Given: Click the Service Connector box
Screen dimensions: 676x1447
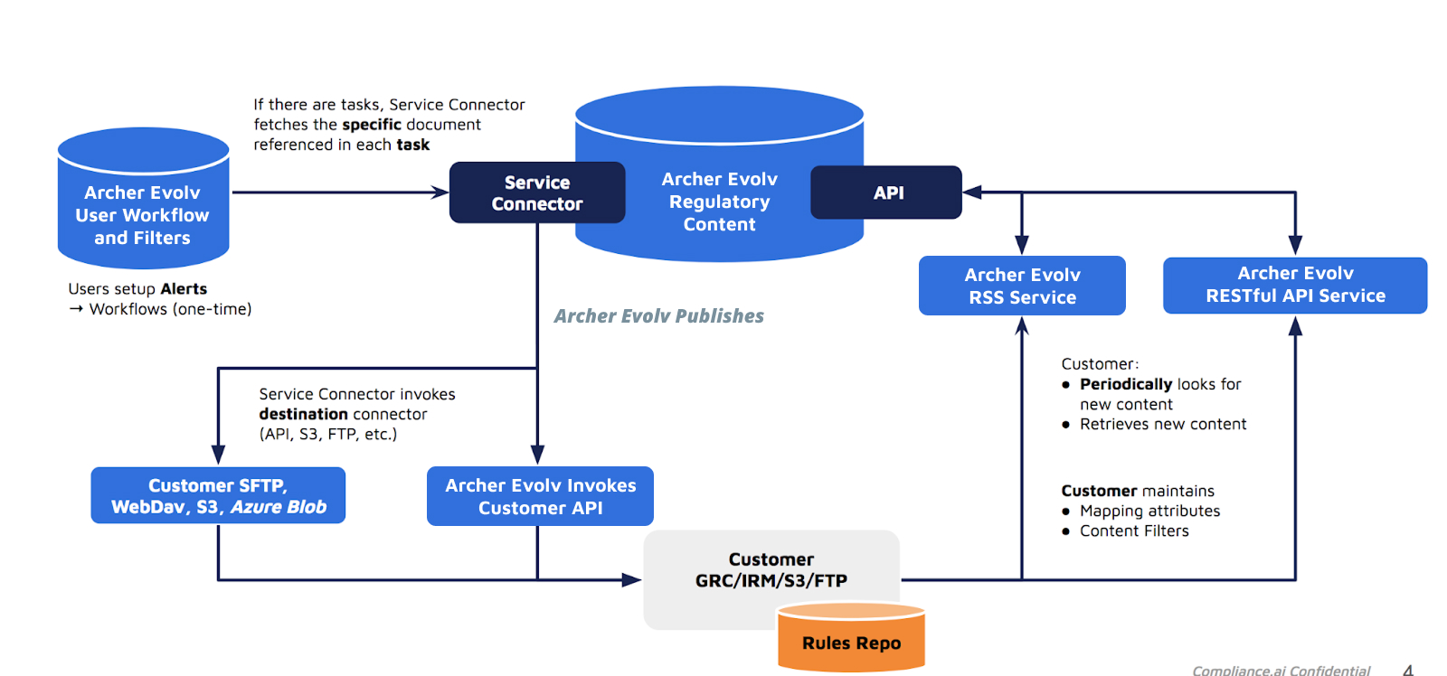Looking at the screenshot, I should [537, 192].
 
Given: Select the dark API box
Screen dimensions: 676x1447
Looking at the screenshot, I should [886, 192].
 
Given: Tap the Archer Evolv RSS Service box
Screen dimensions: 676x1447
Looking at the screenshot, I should [1022, 286].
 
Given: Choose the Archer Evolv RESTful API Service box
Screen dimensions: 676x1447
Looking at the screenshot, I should [1295, 285].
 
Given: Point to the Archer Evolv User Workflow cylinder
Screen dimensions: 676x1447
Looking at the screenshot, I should [143, 214].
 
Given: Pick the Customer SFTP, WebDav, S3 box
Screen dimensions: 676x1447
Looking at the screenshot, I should [218, 495].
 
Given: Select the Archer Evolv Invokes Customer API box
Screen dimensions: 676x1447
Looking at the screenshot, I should [540, 496].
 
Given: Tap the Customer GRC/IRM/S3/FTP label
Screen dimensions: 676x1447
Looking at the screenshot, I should [771, 570].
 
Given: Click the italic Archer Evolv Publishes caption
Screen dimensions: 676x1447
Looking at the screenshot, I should [658, 316].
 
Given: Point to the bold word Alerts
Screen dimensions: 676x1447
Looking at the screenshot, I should [184, 289].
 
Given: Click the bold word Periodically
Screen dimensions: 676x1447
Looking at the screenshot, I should [1126, 384].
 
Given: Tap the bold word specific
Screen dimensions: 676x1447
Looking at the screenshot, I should [372, 125].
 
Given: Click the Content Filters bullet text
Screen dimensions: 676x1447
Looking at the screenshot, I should [1134, 531].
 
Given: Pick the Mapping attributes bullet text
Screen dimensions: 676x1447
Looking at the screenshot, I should [1149, 512].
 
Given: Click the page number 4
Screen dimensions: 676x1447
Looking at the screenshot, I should [1408, 670].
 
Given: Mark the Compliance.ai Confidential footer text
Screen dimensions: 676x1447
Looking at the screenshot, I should [1281, 670].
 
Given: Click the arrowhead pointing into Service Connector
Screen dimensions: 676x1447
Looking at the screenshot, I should [440, 192].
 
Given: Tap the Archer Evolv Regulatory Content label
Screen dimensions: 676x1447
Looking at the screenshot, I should [719, 202].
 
